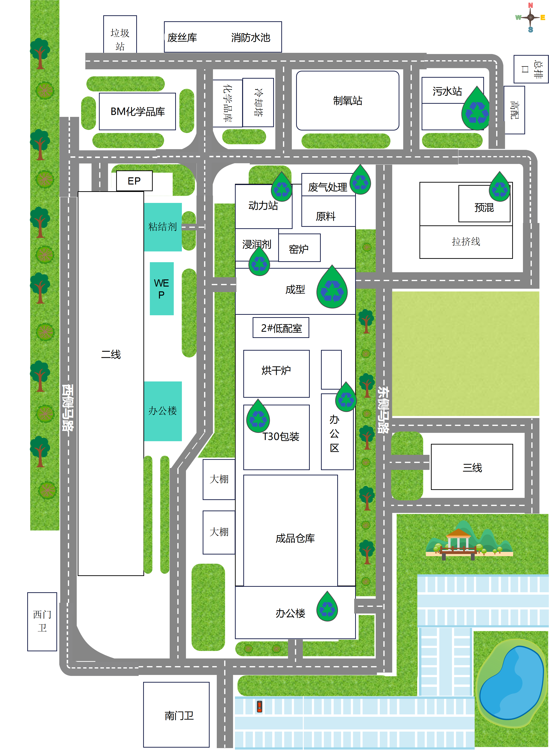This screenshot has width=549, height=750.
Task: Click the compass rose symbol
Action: coord(530,17)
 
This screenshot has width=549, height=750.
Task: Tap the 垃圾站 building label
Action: coord(120,39)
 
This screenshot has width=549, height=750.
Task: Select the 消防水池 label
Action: coord(250,38)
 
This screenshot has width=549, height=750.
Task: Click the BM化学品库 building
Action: coord(137,111)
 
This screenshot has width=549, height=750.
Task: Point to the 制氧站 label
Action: coord(348,100)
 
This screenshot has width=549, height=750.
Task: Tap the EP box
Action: coord(134,181)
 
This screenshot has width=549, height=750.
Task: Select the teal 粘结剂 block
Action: coord(163,227)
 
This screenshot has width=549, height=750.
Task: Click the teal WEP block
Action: coord(162,289)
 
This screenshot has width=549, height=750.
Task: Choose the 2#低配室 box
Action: coord(281,328)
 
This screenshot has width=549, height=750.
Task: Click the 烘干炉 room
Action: coord(276,374)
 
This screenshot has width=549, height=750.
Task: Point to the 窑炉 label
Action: coord(299,249)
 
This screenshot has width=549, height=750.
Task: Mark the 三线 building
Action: coord(472,467)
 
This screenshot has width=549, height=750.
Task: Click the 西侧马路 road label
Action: coord(68,408)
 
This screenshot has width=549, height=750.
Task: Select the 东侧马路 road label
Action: coord(383,410)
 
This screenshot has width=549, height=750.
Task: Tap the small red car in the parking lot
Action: coord(260,707)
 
